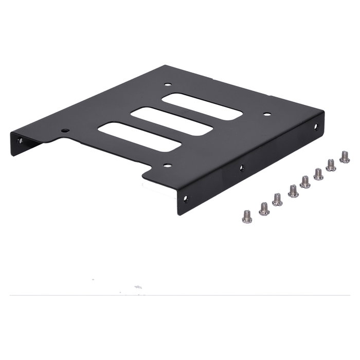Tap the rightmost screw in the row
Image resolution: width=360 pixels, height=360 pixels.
point(345,157)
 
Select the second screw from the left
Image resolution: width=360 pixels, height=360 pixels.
point(264,209)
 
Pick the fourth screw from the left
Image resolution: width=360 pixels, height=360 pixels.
point(293,192)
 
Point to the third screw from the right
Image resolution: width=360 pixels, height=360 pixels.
point(318,174)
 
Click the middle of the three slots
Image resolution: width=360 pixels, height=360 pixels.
point(171,121)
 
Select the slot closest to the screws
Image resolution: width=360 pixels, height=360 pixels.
point(202,106)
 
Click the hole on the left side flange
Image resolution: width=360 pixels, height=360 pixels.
point(20,140)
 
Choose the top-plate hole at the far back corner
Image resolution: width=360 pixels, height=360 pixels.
point(168,84)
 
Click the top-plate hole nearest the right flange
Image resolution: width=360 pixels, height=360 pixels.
point(266,114)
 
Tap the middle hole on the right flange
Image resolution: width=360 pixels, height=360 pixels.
point(242,167)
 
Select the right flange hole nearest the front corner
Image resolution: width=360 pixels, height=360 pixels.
point(186,198)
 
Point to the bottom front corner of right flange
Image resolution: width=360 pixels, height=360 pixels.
point(178,213)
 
